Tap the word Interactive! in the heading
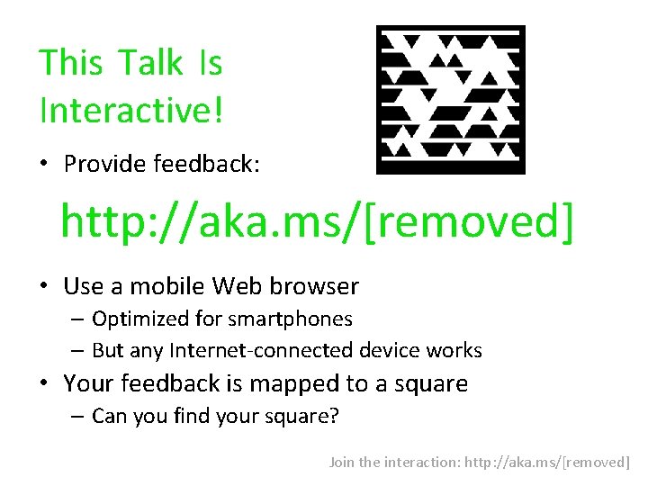pyautogui.click(x=131, y=111)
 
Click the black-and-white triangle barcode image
pyautogui.click(x=450, y=99)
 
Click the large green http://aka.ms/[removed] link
pyautogui.click(x=316, y=222)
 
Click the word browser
pyautogui.click(x=315, y=286)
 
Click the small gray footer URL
pyautogui.click(x=548, y=462)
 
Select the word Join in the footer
pyautogui.click(x=342, y=462)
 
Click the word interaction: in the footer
pyautogui.click(x=422, y=462)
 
